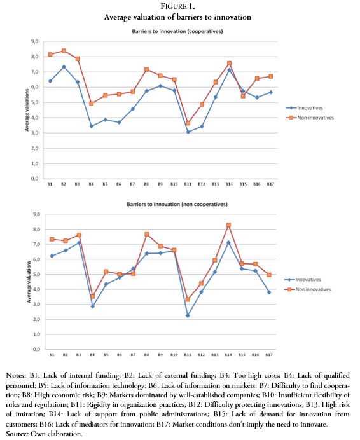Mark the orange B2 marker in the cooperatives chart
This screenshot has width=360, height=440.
(64, 50)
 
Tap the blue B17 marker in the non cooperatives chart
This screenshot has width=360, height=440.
(270, 292)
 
